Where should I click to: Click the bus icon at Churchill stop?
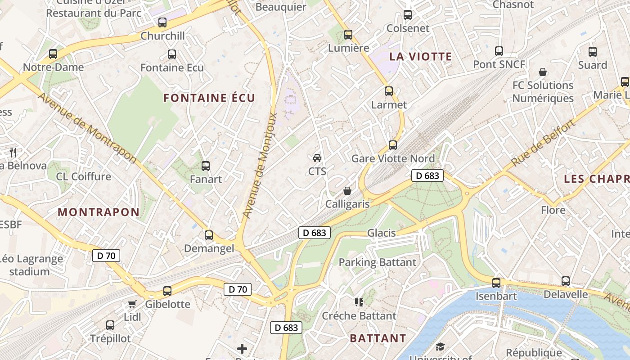162,22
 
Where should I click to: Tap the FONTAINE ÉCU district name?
209,98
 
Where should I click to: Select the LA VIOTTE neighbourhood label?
420,57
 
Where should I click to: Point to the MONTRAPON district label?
99,212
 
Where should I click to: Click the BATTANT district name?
378,338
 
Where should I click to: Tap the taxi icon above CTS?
317,157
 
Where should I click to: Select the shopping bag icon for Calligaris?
347,191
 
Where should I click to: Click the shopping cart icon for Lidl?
132,304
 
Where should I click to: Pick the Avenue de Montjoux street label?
260,166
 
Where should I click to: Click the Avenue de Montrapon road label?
87,128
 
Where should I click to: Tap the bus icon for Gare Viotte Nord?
393,145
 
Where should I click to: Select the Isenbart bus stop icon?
496,283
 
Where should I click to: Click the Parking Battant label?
377,262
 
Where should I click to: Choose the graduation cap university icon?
440,346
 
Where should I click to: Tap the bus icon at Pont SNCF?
499,51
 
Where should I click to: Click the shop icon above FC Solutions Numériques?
543,72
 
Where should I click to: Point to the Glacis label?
381,233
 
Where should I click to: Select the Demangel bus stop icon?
208,235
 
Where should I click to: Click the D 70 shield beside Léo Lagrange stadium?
106,256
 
